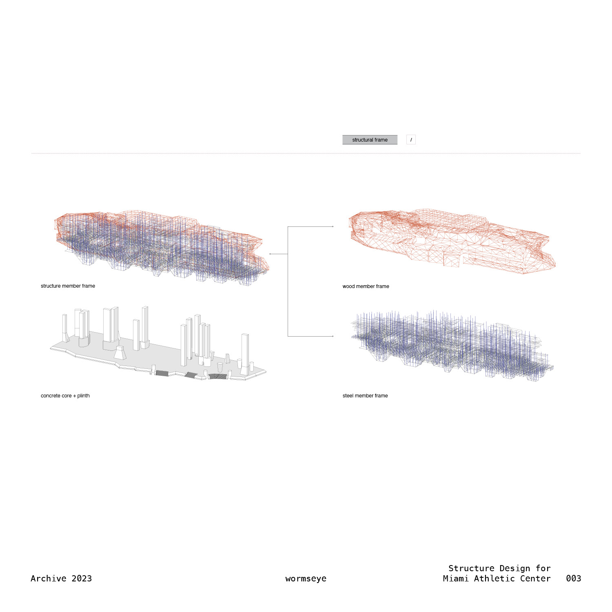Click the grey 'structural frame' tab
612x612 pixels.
pyautogui.click(x=370, y=140)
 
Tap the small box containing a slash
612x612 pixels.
pyautogui.click(x=411, y=140)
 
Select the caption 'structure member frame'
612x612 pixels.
pyautogui.click(x=68, y=286)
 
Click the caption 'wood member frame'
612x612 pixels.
pyautogui.click(x=366, y=286)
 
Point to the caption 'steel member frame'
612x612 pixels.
pyautogui.click(x=365, y=396)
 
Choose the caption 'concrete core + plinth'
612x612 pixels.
pyautogui.click(x=65, y=396)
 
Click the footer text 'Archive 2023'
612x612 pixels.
pyautogui.click(x=61, y=579)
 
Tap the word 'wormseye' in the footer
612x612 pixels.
pyautogui.click(x=306, y=579)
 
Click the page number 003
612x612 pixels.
pyautogui.click(x=573, y=579)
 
